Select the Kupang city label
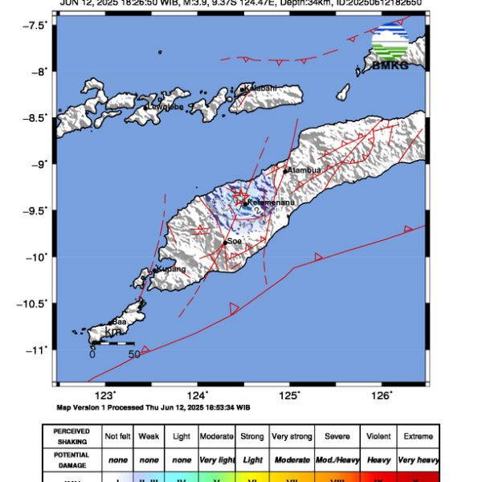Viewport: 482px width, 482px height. click(x=172, y=268)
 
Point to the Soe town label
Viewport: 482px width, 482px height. click(x=235, y=240)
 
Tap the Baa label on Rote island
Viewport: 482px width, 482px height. click(x=119, y=321)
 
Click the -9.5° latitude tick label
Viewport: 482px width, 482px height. click(x=35, y=210)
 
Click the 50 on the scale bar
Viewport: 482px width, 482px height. click(x=134, y=353)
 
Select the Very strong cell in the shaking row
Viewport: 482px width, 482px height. click(x=292, y=436)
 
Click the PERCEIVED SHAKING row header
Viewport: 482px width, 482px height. click(x=71, y=436)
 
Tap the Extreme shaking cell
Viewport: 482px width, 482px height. click(x=419, y=436)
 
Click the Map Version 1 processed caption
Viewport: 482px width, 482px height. click(x=153, y=408)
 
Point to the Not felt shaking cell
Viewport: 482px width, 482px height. click(x=119, y=436)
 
